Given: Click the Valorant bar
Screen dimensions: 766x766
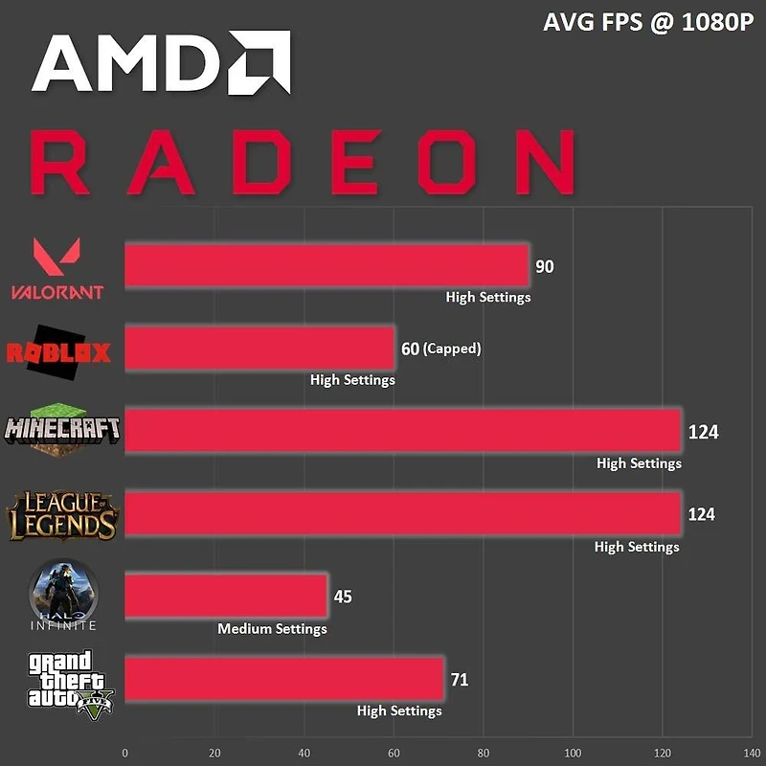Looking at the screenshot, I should pos(327,265).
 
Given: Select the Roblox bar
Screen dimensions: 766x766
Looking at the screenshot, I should pos(259,348).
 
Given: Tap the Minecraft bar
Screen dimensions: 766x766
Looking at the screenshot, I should pos(402,431).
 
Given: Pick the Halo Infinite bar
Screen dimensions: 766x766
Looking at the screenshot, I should pos(226,597).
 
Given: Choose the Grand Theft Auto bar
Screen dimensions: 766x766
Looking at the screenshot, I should pos(284,679).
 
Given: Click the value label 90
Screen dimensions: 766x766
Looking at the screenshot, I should pos(544,266).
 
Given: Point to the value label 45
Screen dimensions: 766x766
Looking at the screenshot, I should pos(343,597).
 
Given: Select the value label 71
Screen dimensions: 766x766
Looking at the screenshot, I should pos(459,680).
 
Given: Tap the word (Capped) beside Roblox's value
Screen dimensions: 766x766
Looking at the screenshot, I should pos(452,349).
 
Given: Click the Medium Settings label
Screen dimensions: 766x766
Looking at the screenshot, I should pos(272,629).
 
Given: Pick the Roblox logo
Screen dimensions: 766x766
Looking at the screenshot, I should pos(58,352).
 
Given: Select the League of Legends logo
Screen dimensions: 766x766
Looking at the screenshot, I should pos(62,515).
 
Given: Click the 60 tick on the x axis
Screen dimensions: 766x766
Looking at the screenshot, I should pos(394,752).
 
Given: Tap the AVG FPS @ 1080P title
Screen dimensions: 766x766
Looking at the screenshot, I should pos(647,22).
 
